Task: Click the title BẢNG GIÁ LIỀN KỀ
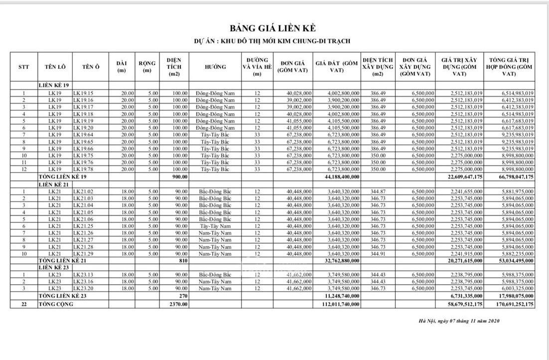pyautogui.click(x=273, y=28)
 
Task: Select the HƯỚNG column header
pyautogui.click(x=215, y=67)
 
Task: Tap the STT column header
pyautogui.click(x=23, y=67)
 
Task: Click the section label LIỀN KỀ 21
pyautogui.click(x=54, y=184)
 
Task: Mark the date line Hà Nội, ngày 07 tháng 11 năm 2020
pyautogui.click(x=459, y=321)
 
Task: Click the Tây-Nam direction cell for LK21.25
pyautogui.click(x=215, y=226)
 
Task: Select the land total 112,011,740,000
pyautogui.click(x=337, y=304)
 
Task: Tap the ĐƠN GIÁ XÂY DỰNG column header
pyautogui.click(x=415, y=67)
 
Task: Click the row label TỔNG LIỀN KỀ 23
pyautogui.click(x=63, y=296)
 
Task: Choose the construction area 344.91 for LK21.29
pyautogui.click(x=378, y=254)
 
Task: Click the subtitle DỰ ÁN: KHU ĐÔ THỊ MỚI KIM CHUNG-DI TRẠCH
pyautogui.click(x=273, y=41)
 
